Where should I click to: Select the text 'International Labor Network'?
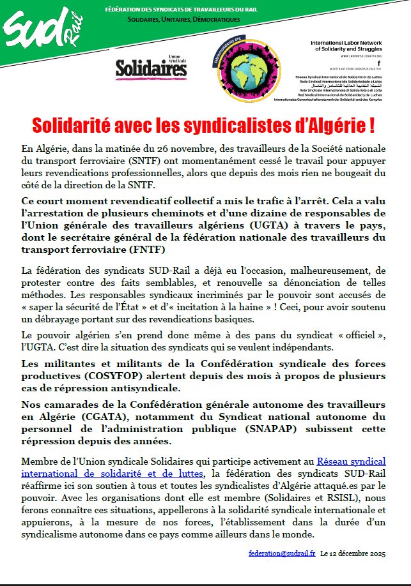tap(346, 43)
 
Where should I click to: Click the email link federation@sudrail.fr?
tap(282, 553)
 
